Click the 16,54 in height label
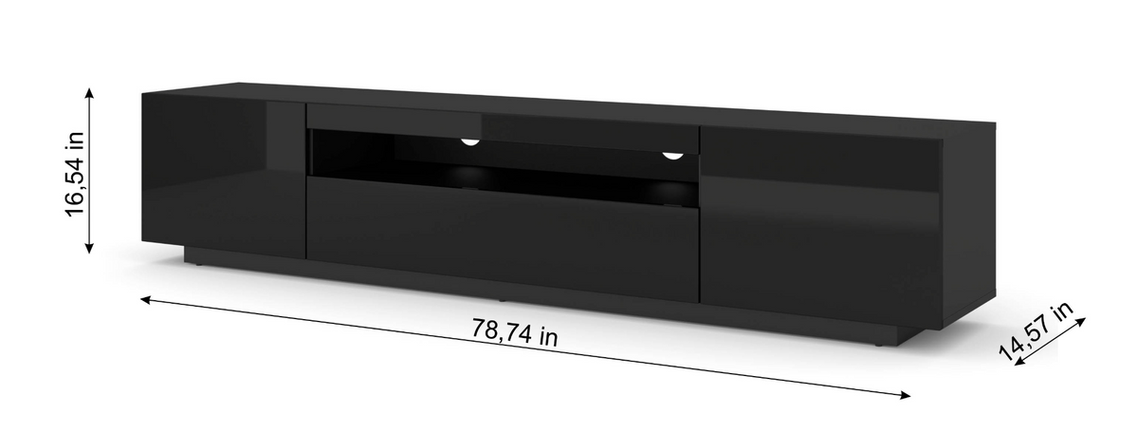click(75, 174)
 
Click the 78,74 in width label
click(514, 332)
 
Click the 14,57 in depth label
click(1036, 330)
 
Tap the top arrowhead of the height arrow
click(89, 92)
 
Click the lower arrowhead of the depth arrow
click(1019, 361)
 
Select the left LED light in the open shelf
click(470, 141)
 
